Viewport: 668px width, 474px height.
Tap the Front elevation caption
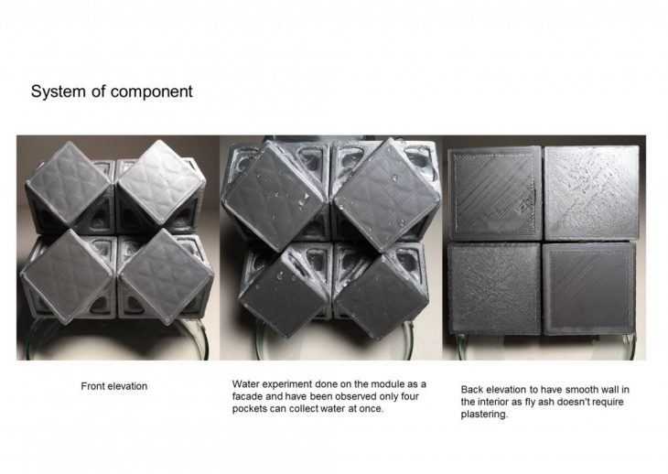point(114,386)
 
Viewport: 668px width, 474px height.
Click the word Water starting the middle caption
point(245,384)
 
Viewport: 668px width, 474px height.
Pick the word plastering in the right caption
point(484,415)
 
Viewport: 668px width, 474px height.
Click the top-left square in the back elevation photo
point(495,193)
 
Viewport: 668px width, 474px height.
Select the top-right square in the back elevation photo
point(592,192)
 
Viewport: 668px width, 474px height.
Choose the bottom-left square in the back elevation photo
point(495,289)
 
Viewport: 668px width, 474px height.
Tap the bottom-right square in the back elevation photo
point(589,289)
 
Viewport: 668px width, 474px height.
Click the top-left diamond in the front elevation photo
point(69,184)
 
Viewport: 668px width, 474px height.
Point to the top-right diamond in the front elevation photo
point(161,182)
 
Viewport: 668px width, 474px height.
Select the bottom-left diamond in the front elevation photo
point(67,276)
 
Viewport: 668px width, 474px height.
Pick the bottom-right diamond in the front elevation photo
point(166,277)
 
